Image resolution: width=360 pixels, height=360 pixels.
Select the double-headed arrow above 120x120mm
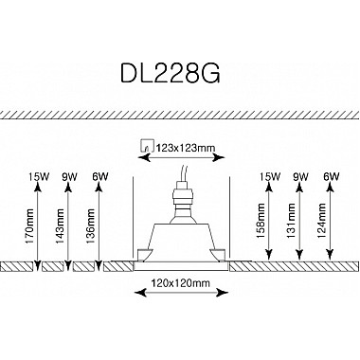180,268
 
